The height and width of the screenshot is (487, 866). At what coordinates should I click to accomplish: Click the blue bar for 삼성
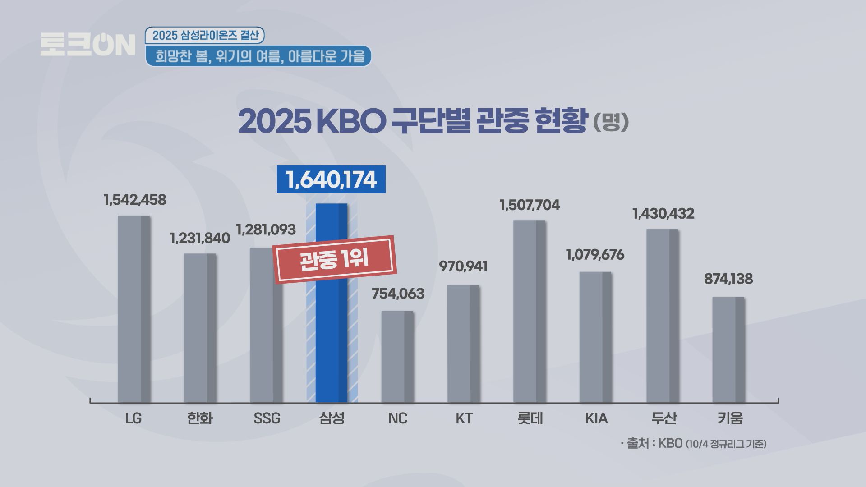(332, 343)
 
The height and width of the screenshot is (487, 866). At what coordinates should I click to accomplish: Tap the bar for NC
(397, 357)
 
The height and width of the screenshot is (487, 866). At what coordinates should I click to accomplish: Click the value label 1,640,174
(331, 179)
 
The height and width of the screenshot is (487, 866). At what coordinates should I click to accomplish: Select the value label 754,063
(398, 294)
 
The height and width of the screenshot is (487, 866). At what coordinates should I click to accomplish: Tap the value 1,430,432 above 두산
(663, 213)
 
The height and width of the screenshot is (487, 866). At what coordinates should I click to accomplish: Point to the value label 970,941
(463, 266)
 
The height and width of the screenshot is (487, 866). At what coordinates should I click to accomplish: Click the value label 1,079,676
(595, 255)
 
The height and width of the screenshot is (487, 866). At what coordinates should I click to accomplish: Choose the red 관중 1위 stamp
(335, 259)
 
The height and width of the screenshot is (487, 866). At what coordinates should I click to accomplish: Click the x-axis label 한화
(200, 418)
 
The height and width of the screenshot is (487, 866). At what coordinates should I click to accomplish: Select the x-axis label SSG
(267, 418)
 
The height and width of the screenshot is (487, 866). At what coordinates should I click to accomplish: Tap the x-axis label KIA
(596, 418)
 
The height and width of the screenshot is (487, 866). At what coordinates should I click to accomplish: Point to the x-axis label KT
(464, 418)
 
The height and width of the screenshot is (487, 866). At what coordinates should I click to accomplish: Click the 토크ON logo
(88, 44)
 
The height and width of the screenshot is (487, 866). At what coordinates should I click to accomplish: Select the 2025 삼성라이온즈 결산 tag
(205, 36)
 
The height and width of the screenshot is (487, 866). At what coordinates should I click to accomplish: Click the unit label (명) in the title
(611, 121)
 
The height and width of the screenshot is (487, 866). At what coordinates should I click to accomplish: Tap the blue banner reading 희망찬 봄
(258, 56)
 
